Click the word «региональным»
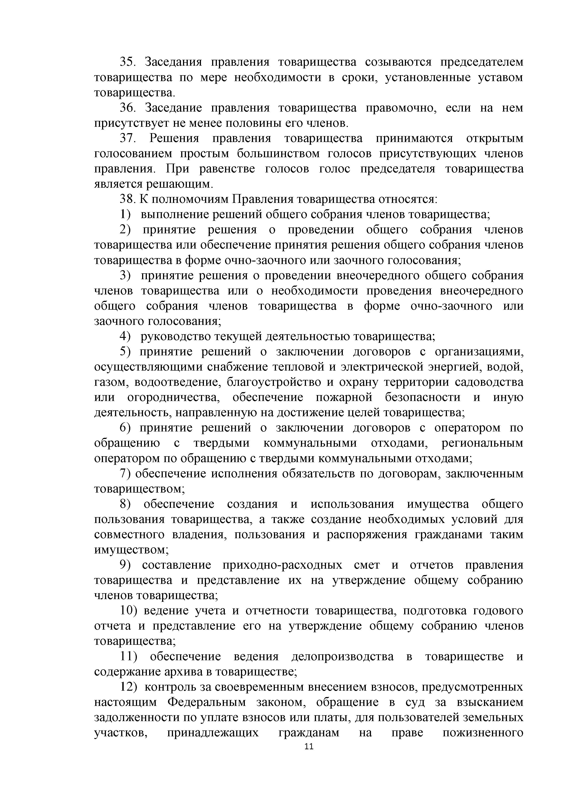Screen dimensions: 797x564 click(x=482, y=443)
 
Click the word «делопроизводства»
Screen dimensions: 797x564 click(x=342, y=656)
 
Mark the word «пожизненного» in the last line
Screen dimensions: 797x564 click(x=483, y=733)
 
